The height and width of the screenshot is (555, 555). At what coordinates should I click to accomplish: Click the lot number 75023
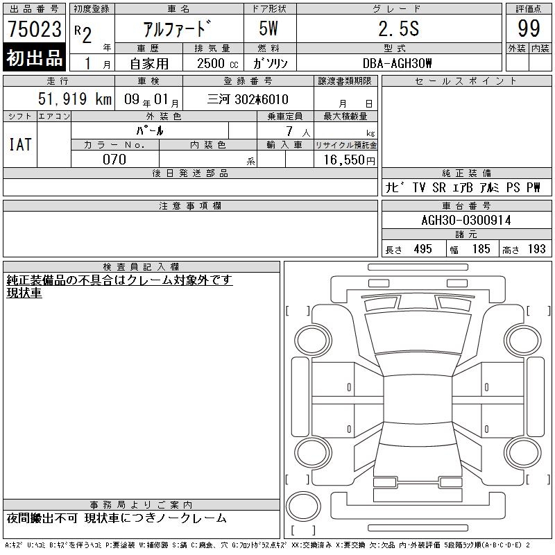tap(34, 29)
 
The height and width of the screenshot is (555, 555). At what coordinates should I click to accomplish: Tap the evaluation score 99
tap(529, 28)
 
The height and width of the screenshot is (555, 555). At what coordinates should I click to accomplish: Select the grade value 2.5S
tap(399, 28)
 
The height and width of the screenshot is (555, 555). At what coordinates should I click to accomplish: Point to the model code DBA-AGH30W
tap(397, 63)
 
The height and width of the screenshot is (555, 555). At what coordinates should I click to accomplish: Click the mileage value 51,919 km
tap(75, 99)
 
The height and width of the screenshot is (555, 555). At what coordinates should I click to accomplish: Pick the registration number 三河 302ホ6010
tap(248, 99)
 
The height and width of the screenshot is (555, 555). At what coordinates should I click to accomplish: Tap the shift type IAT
tap(20, 144)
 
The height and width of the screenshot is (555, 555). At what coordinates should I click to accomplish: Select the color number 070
tap(114, 160)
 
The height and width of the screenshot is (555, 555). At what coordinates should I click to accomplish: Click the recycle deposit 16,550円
tap(350, 160)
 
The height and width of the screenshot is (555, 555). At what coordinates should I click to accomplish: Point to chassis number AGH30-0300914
tap(466, 220)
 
